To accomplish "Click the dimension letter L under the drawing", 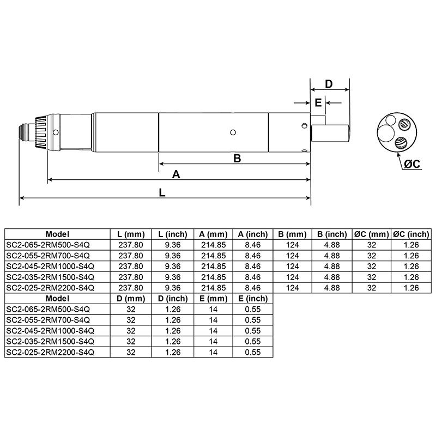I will [x=162, y=192].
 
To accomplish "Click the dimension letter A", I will [x=176, y=174].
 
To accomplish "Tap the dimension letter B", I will [x=237, y=158].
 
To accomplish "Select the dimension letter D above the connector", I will [x=329, y=84].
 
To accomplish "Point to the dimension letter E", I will [x=318, y=102].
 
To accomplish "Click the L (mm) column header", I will [x=130, y=234].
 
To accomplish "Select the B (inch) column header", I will [x=332, y=234].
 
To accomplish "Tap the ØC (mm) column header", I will [x=372, y=234].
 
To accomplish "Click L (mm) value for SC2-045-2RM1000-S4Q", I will [x=130, y=266].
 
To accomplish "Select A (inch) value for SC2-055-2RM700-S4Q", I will [x=252, y=256].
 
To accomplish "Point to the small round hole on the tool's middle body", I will [x=233, y=131].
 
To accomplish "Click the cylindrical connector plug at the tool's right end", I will [x=330, y=132].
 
